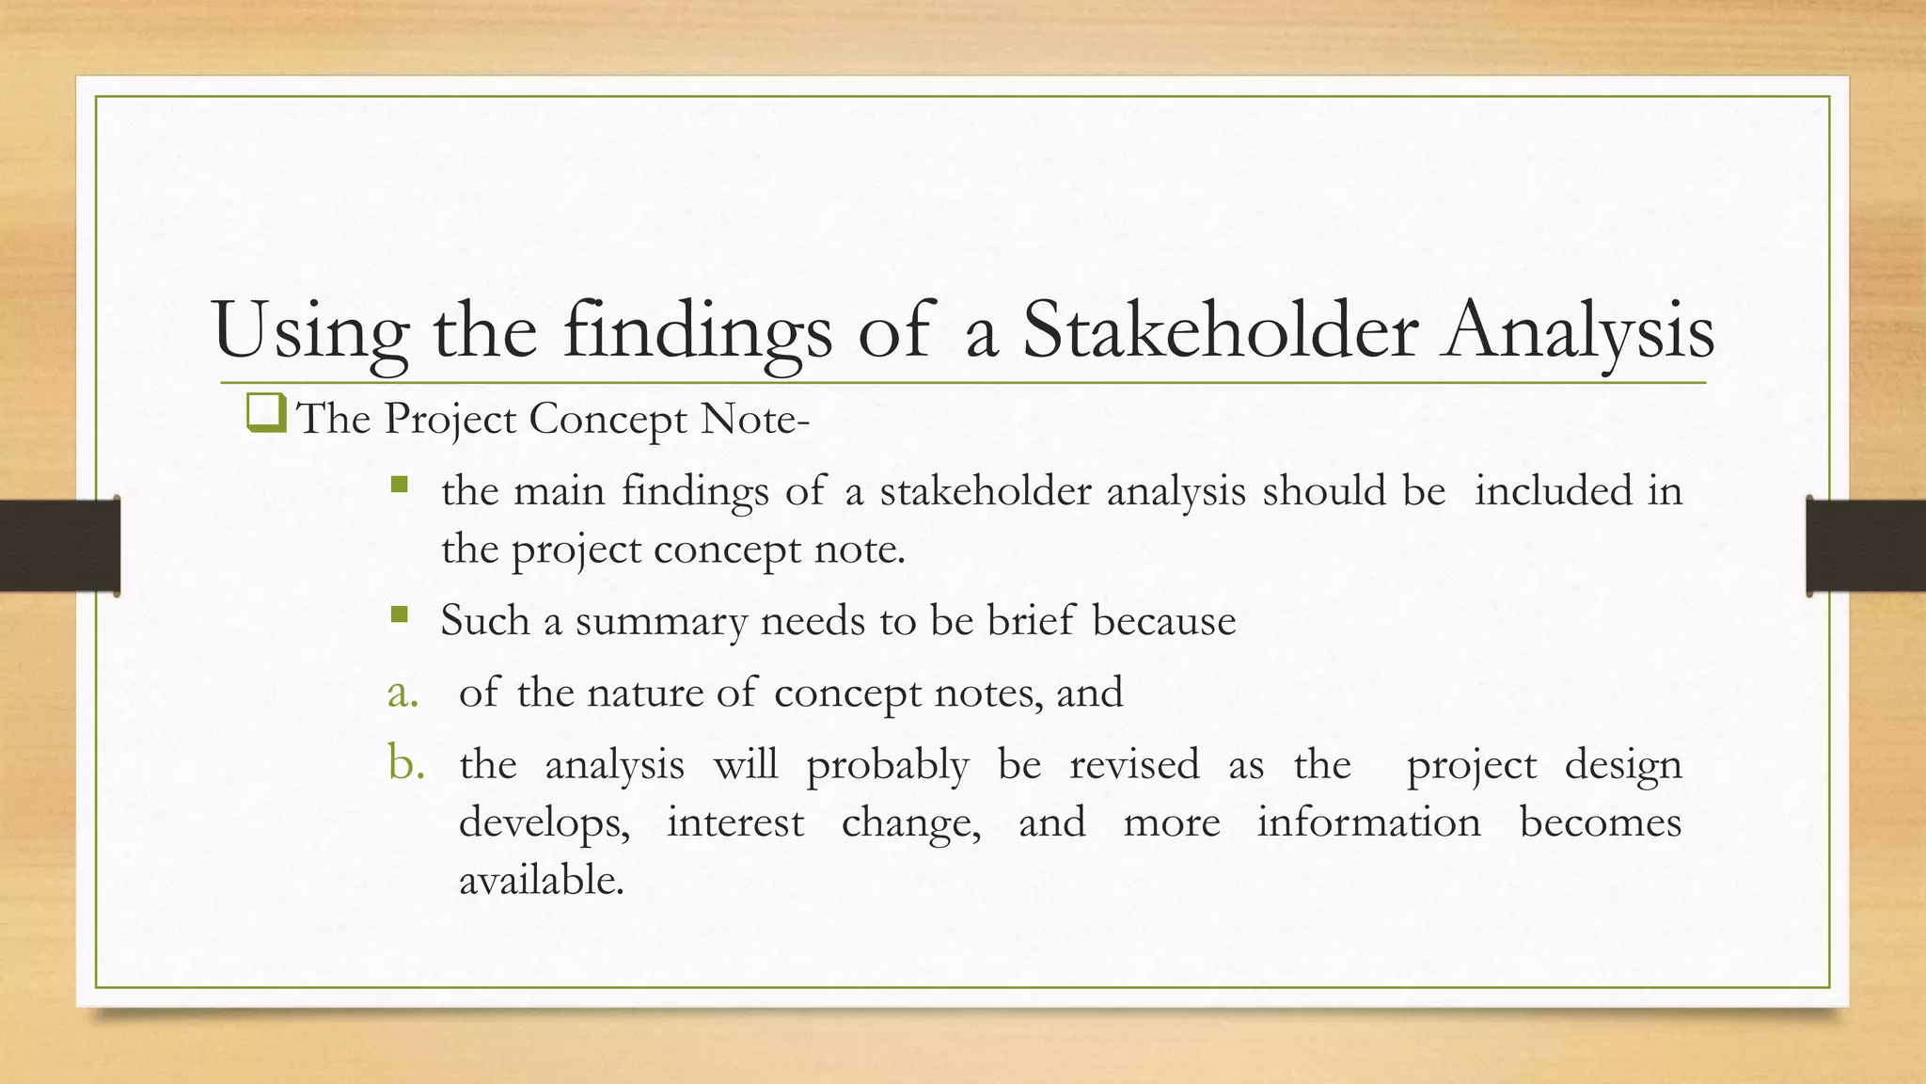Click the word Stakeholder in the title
(1220, 331)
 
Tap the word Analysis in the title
(1579, 331)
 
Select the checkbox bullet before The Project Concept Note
(266, 414)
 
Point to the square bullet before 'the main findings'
(400, 485)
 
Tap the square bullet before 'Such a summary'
(400, 615)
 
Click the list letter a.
(403, 693)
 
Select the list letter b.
(405, 763)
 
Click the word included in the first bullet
(1553, 490)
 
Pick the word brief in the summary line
(1030, 620)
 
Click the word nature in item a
(644, 693)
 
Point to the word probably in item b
(887, 765)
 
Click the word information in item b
(1368, 821)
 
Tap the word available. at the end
(542, 880)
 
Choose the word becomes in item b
(1600, 821)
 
